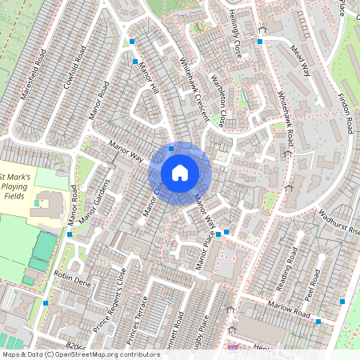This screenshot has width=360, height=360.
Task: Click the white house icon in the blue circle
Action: (x=180, y=172)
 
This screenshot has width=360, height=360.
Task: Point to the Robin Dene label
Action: (x=73, y=278)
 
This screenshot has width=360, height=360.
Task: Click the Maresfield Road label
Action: (x=38, y=70)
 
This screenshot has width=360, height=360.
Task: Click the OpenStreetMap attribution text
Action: (x=108, y=354)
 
